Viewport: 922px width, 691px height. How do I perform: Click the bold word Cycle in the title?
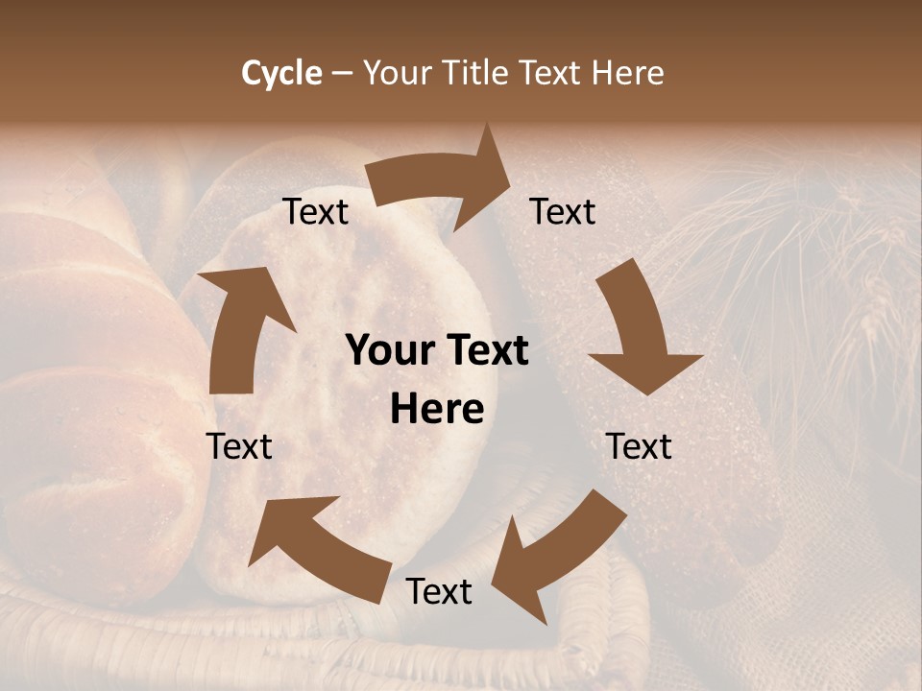(281, 73)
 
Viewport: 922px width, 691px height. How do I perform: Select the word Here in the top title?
(627, 73)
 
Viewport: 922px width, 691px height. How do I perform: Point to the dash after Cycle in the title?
(342, 74)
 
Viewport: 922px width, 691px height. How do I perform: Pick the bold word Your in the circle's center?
(391, 351)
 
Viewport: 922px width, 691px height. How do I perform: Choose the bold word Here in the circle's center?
(437, 410)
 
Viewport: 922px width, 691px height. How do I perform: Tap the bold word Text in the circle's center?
(485, 351)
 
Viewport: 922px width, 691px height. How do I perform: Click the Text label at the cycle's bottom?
(439, 592)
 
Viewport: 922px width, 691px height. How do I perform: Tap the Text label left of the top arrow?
(315, 212)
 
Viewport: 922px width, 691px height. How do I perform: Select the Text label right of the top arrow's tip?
(563, 212)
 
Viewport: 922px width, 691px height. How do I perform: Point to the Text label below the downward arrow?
(639, 446)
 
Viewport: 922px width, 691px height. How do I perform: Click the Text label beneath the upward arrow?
(239, 446)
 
